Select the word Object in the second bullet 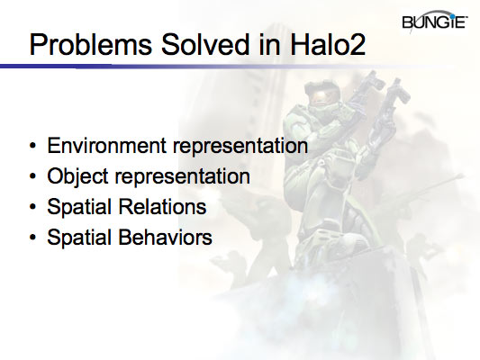[76, 175]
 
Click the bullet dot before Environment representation [33, 146]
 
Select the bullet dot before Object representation [33, 176]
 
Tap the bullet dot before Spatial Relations [33, 208]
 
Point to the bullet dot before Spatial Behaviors [33, 238]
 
